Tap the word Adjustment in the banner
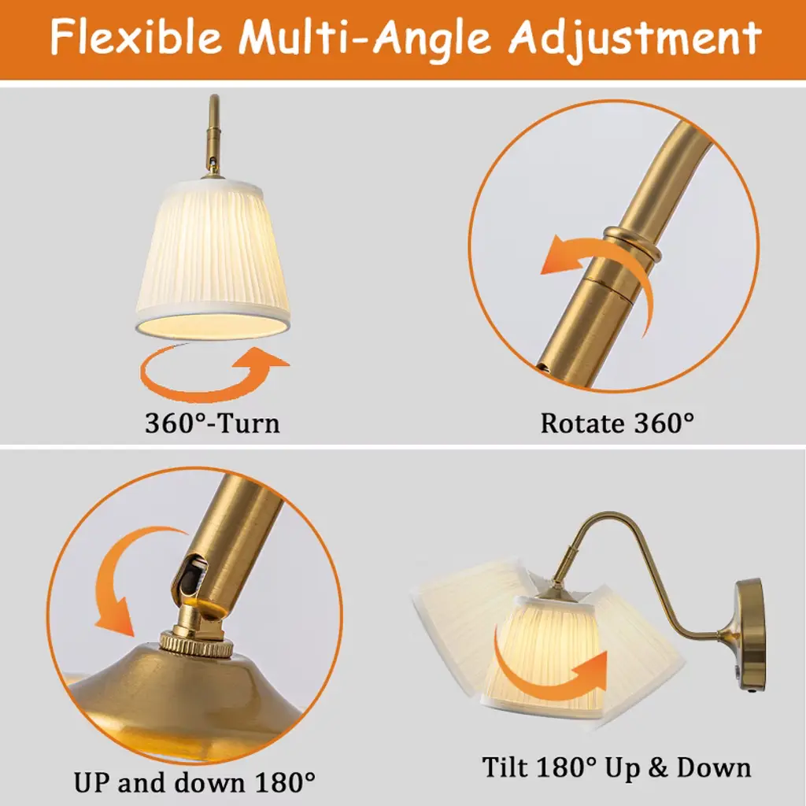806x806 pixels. pyautogui.click(x=634, y=38)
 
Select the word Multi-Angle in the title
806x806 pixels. pyautogui.click(x=365, y=38)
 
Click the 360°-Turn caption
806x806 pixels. pyautogui.click(x=213, y=423)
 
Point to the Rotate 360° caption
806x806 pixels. pyautogui.click(x=617, y=423)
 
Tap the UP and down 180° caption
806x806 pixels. pyautogui.click(x=194, y=782)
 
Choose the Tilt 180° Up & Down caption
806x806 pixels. pyautogui.click(x=616, y=767)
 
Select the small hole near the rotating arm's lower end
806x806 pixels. pyautogui.click(x=543, y=367)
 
